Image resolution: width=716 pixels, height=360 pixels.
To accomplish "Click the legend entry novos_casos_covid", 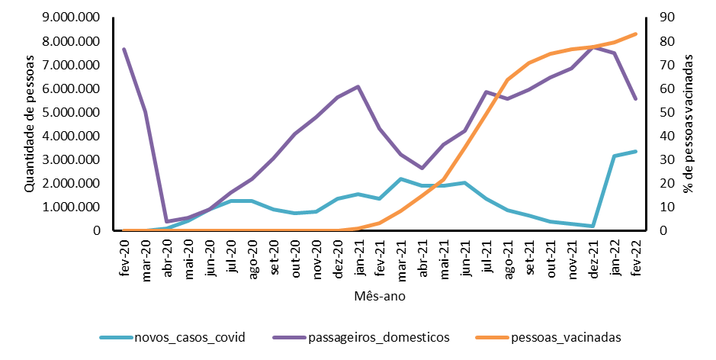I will (x=189, y=336).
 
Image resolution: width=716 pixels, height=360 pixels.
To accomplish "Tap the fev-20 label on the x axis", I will (x=124, y=253).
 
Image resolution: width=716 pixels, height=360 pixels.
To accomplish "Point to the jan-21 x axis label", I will (x=358, y=253).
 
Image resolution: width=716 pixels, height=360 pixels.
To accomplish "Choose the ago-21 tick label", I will (x=508, y=253).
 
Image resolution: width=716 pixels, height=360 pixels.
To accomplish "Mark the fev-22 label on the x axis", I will (x=635, y=253).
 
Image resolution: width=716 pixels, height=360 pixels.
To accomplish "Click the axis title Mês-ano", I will (x=379, y=296).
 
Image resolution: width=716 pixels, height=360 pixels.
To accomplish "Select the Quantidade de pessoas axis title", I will (x=30, y=124).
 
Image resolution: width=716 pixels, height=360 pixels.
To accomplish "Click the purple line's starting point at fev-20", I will (x=124, y=50).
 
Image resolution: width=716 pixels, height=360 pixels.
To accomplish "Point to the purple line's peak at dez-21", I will (x=593, y=47).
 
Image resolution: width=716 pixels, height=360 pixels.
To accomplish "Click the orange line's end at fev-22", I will (x=635, y=34).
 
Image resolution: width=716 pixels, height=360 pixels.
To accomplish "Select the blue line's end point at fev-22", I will (x=635, y=151).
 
